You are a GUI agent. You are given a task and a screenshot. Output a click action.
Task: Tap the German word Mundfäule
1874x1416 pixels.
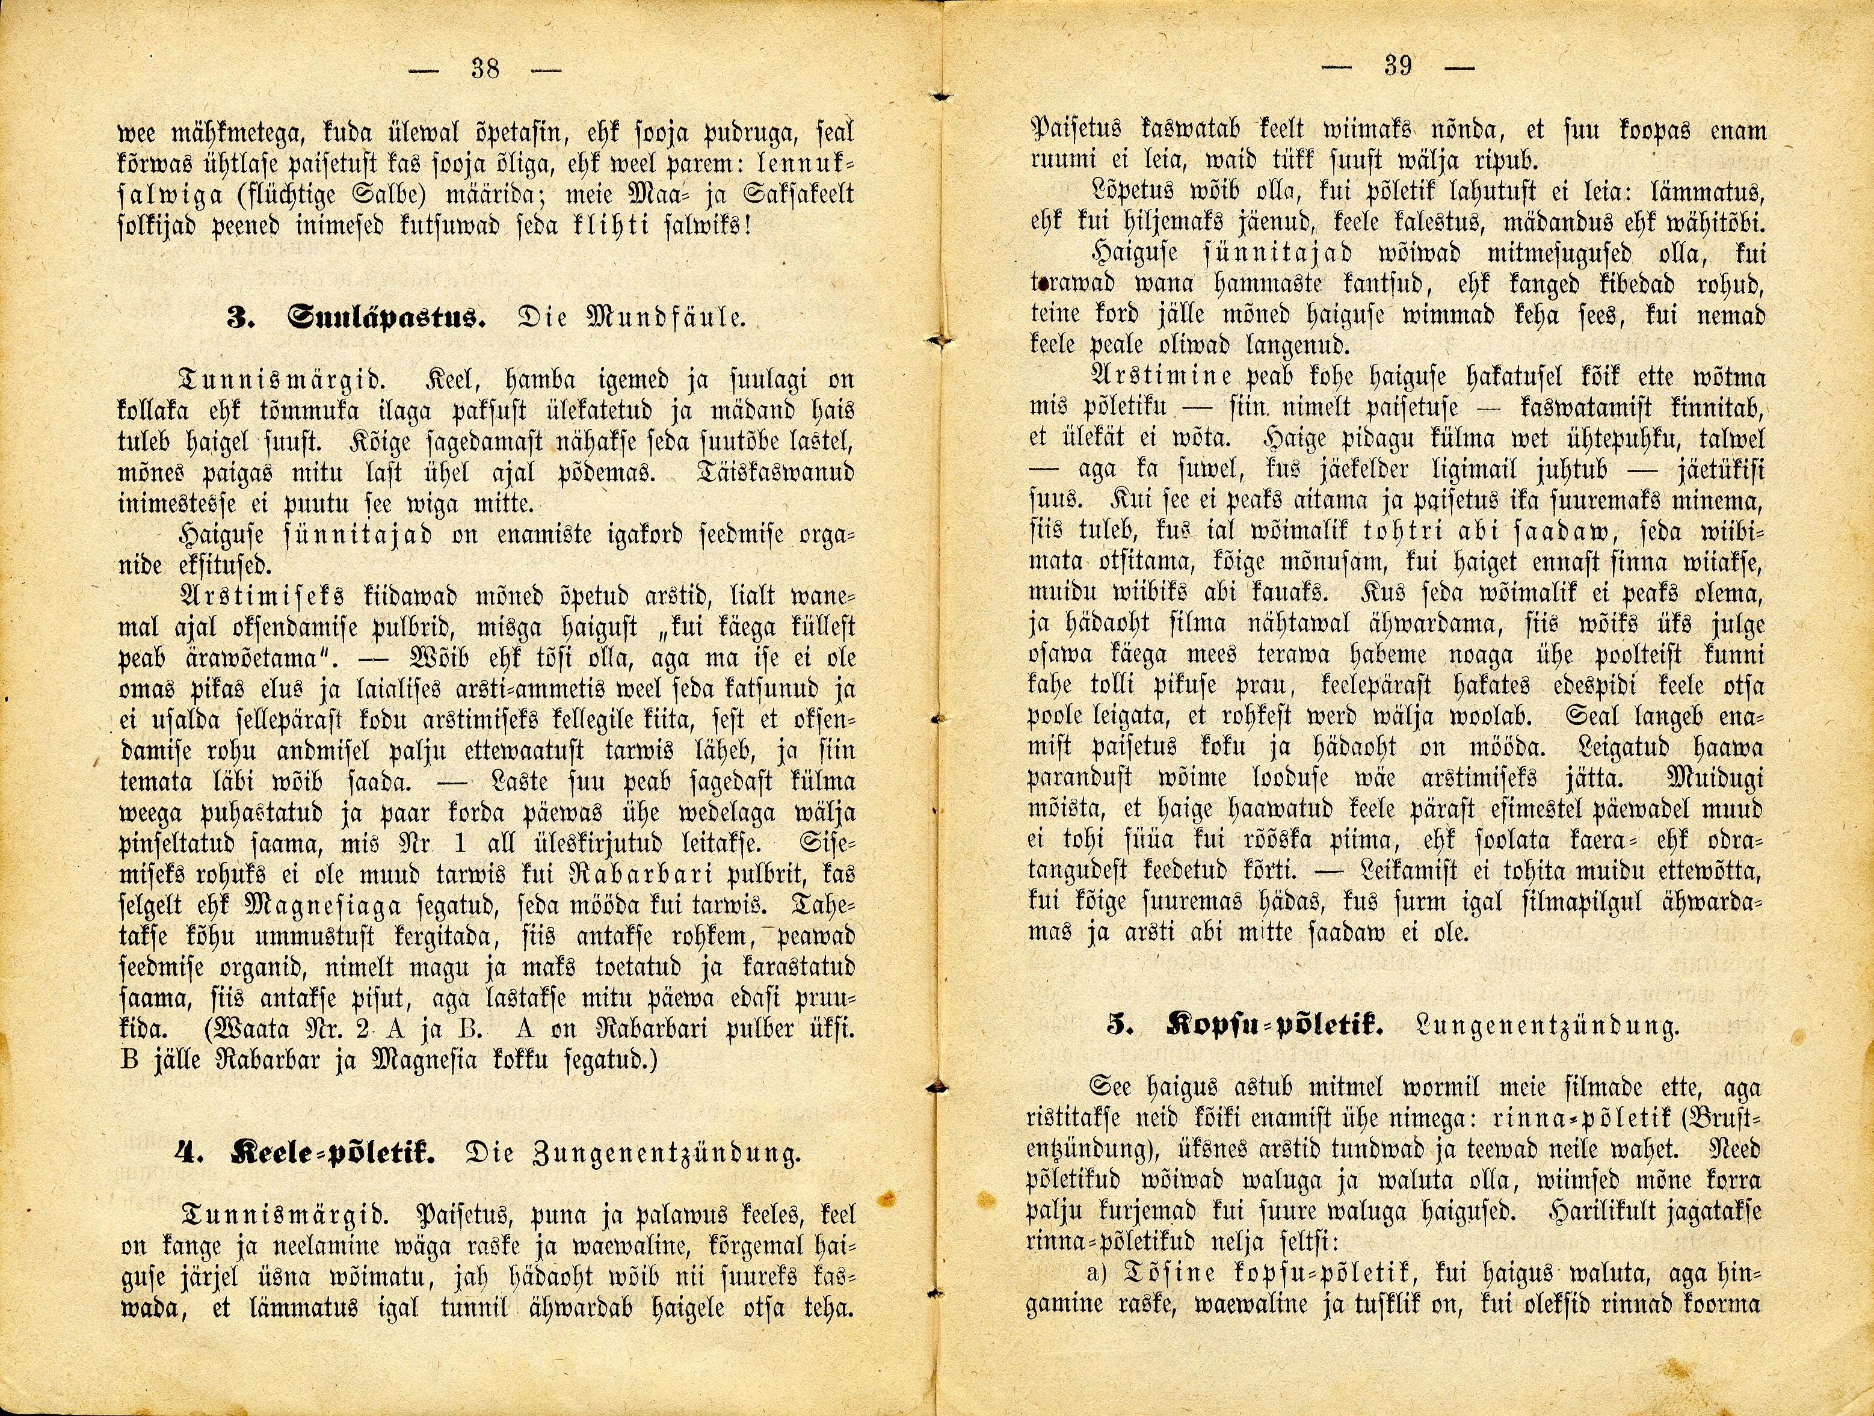tap(674, 320)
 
